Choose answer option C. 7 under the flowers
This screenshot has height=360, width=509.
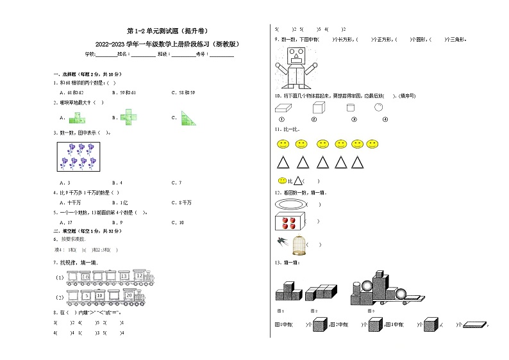176,183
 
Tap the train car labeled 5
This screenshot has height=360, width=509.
86,296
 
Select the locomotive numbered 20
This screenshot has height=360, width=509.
131,295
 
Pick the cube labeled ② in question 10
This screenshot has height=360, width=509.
315,108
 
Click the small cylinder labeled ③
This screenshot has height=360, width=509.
351,108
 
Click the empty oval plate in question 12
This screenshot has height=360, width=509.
289,204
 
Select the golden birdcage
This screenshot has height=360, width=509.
297,244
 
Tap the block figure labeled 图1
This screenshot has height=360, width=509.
287,292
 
